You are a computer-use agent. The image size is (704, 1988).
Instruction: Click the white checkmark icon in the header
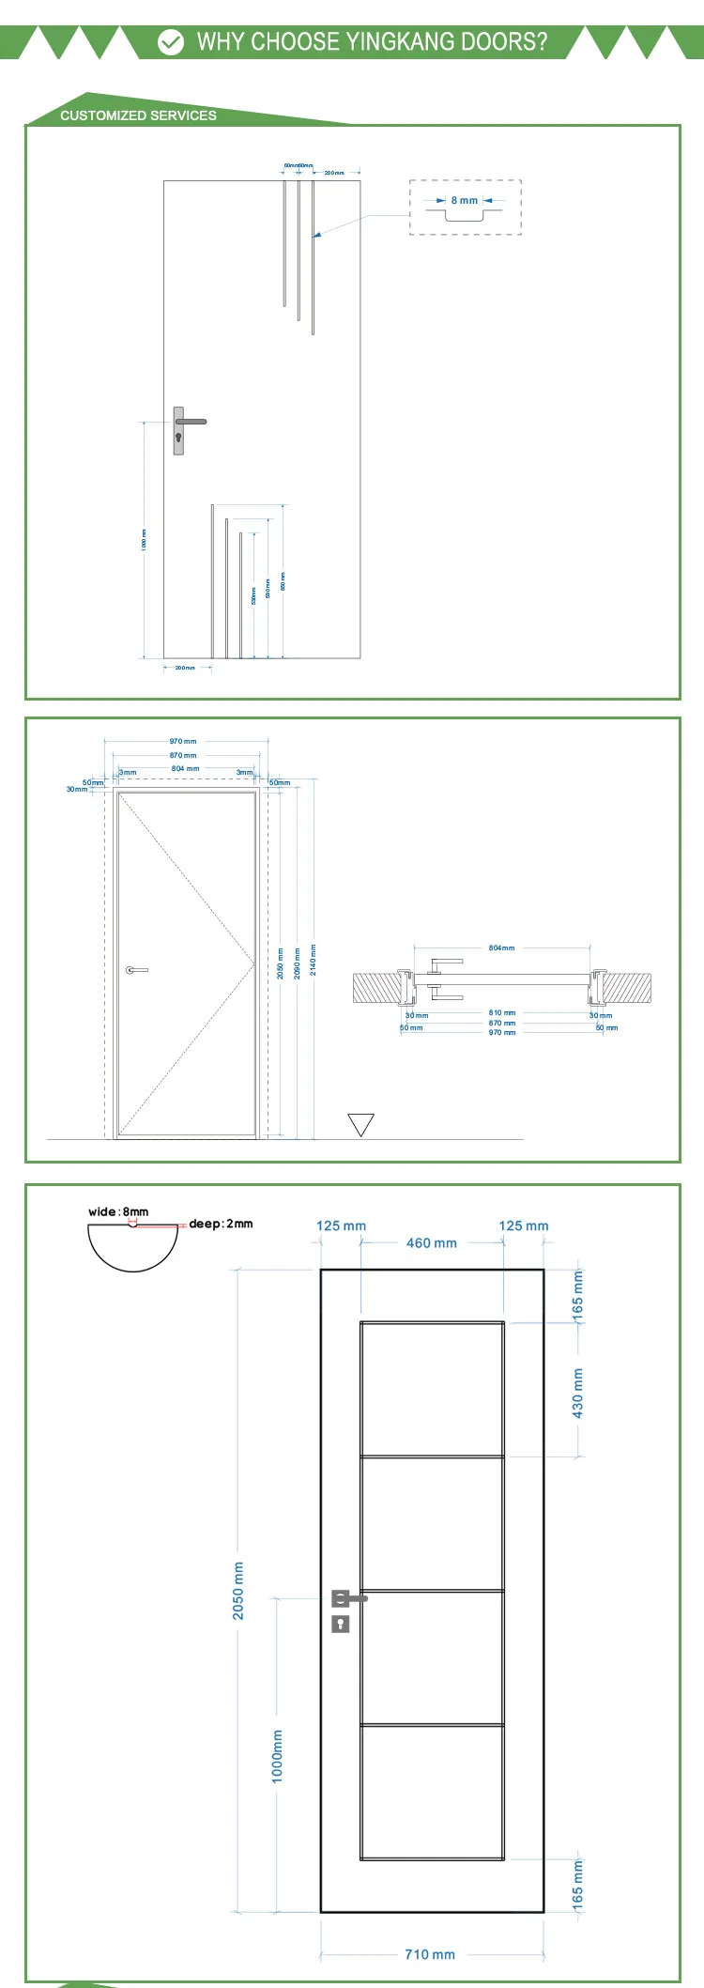170,42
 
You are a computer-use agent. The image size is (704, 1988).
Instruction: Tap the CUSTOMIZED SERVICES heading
138,116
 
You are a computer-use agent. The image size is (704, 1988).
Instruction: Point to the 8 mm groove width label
464,200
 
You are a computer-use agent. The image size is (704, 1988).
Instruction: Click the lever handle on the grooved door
189,423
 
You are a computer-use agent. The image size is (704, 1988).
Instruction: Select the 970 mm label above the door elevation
183,741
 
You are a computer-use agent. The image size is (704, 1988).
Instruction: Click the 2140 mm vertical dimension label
314,960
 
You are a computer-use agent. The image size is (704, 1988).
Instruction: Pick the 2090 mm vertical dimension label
298,963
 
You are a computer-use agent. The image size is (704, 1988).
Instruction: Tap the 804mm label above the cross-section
501,948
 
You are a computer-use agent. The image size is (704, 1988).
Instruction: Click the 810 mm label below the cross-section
502,1012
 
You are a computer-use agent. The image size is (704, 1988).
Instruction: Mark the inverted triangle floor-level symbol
360,1124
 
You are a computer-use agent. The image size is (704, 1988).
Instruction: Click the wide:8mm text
118,1211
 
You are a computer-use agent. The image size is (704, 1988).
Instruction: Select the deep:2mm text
221,1224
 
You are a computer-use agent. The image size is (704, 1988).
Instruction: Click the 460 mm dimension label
432,1242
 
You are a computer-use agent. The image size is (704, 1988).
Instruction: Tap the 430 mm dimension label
578,1393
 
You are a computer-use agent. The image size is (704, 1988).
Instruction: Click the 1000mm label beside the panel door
277,1756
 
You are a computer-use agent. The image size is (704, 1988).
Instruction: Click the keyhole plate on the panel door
341,1624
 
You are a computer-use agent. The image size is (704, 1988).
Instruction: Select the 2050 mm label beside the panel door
238,1591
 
